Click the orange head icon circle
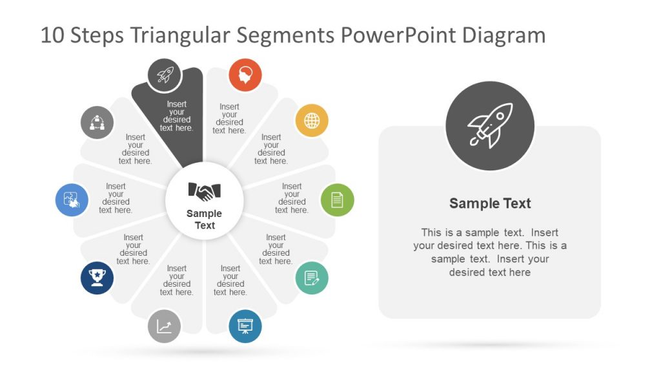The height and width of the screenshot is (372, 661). point(245,75)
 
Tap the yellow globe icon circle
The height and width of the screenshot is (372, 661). point(312,121)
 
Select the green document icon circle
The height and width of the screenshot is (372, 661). point(337,200)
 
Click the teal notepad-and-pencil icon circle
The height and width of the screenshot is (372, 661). point(312,278)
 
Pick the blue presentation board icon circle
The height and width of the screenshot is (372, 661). point(245,326)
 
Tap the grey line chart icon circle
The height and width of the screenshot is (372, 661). point(164,326)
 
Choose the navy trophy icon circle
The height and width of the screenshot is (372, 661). point(97,278)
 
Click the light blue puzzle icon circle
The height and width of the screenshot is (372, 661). point(72,200)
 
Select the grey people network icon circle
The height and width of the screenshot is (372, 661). point(97,121)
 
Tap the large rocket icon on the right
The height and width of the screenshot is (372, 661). point(490,126)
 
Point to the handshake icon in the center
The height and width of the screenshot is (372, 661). point(204,191)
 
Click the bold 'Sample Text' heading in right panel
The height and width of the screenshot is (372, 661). point(490,203)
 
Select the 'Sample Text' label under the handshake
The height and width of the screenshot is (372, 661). point(204,220)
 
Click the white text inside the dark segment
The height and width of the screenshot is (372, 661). point(176,116)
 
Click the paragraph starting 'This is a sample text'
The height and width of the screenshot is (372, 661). point(490,252)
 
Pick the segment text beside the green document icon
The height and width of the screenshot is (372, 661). point(291,198)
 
